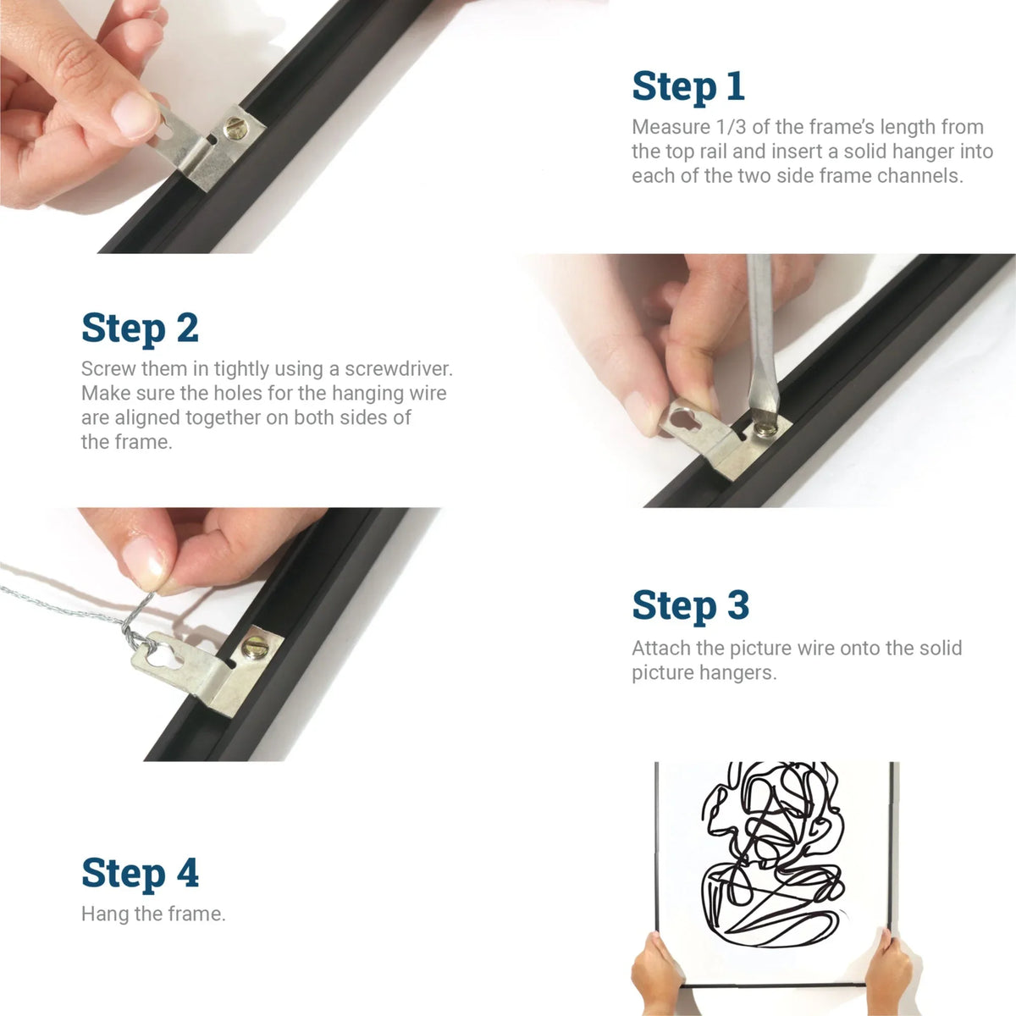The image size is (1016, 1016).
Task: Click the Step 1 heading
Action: [687, 86]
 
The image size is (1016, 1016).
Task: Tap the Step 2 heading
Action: [140, 329]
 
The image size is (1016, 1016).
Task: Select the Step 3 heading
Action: [690, 606]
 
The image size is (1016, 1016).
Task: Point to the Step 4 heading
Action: [140, 873]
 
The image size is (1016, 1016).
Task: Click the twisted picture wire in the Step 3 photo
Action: [59, 603]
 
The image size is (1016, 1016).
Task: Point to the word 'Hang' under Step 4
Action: [104, 914]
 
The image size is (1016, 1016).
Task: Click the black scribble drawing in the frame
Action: [770, 855]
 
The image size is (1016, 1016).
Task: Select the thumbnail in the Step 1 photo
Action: [135, 114]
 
